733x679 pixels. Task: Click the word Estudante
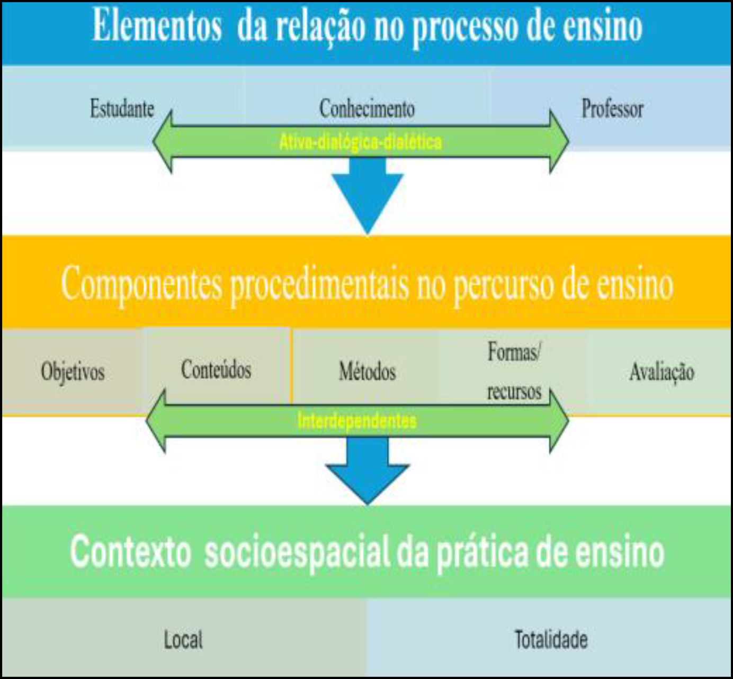point(122,109)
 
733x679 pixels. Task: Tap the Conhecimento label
point(366,109)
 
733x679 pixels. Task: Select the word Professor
point(612,109)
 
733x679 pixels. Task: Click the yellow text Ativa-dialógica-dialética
point(360,142)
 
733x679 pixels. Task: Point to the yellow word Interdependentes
point(357,421)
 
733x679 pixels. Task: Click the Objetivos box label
point(73,372)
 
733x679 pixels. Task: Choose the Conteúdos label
point(216,369)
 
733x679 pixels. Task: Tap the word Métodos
point(367,372)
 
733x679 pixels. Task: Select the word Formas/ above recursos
point(514,352)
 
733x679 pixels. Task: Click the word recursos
point(514,392)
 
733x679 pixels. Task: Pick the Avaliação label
point(662,372)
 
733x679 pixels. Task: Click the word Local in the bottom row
point(183,640)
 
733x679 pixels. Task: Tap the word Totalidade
point(551,639)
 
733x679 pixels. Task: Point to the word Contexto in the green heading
point(130,552)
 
